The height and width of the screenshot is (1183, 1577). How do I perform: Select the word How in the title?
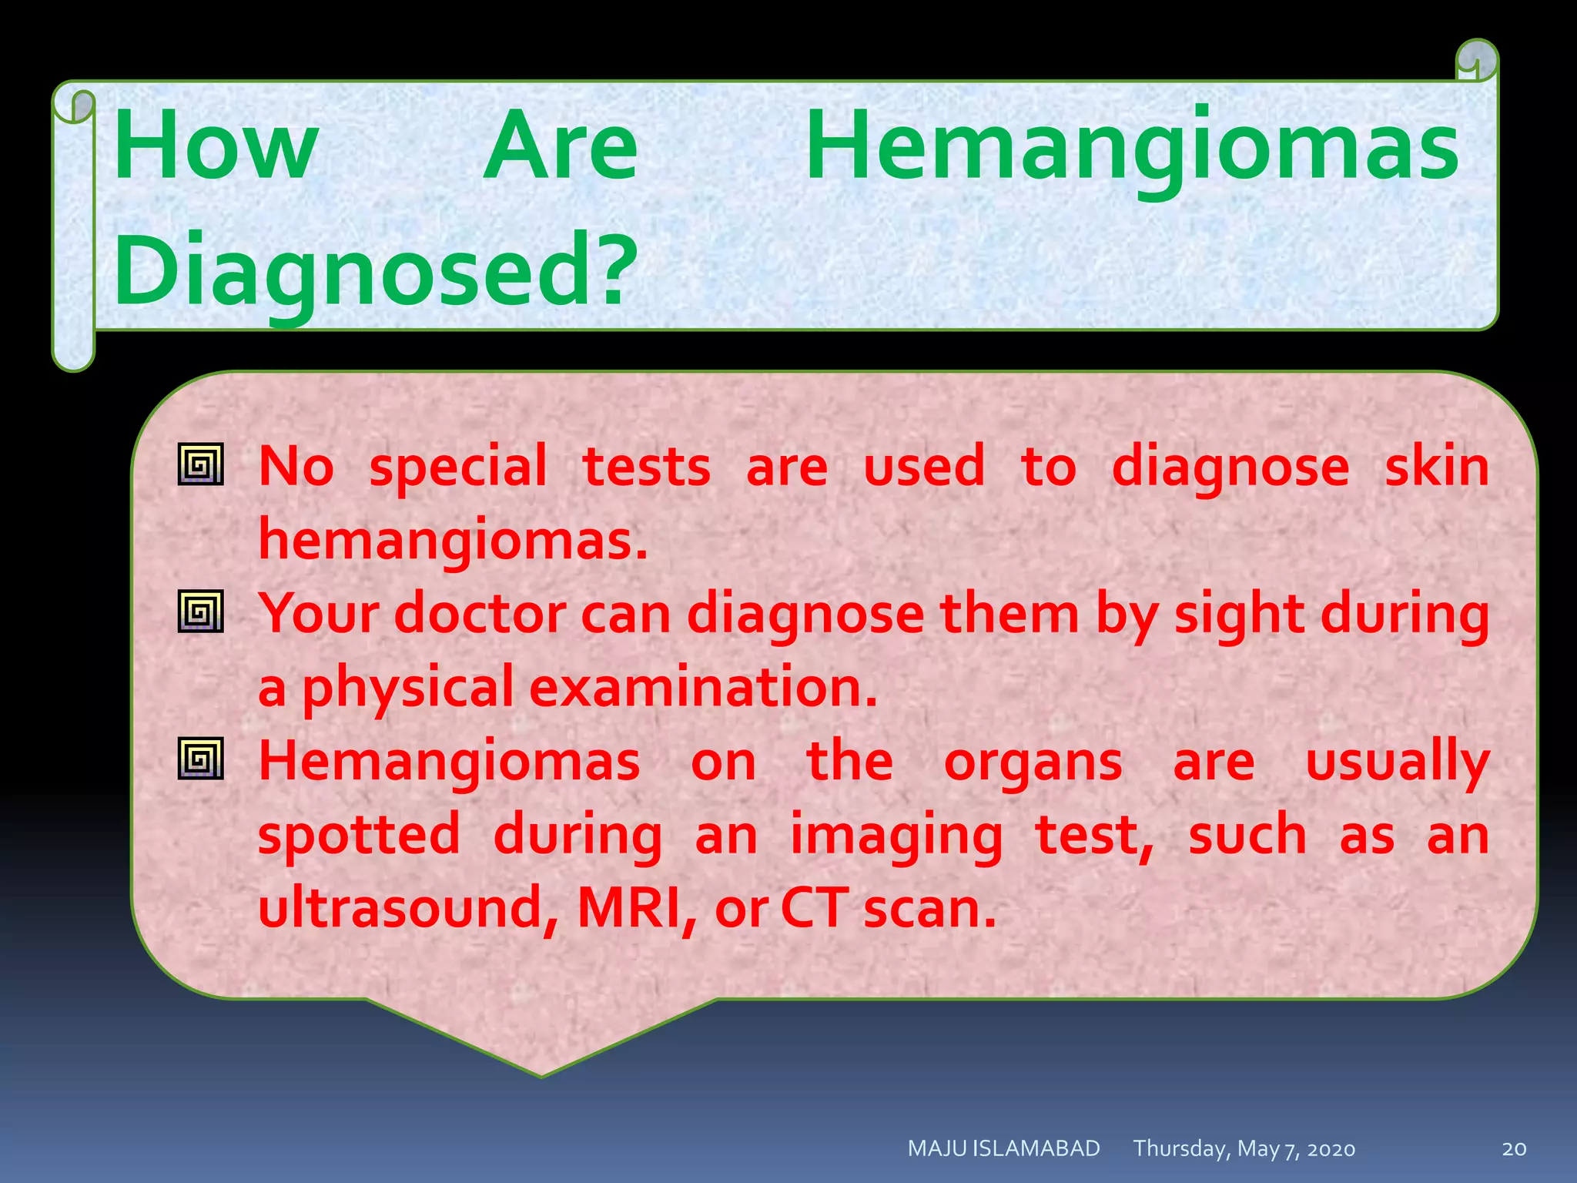click(x=216, y=146)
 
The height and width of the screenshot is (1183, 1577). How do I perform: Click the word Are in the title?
click(x=561, y=146)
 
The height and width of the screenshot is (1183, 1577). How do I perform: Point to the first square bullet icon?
click(x=201, y=464)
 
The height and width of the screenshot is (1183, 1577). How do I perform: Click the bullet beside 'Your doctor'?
click(x=201, y=612)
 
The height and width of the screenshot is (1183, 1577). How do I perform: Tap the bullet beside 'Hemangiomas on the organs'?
click(x=201, y=758)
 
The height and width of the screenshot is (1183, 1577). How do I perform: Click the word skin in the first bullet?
click(x=1436, y=466)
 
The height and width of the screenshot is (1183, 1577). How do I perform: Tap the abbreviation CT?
click(x=813, y=908)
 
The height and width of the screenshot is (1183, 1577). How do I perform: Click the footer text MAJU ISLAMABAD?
click(x=1003, y=1148)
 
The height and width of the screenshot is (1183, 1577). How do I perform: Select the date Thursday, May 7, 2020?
click(x=1244, y=1149)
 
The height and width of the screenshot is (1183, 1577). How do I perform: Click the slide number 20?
click(x=1514, y=1149)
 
